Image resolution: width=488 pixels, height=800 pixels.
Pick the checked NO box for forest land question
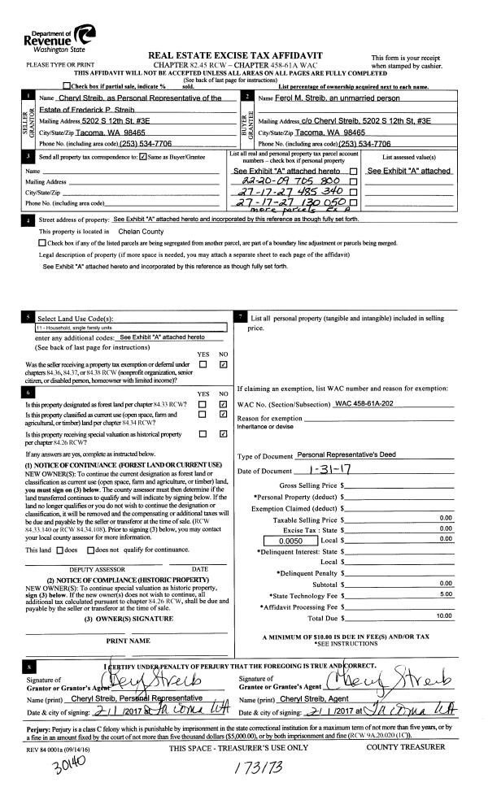click(x=222, y=403)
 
